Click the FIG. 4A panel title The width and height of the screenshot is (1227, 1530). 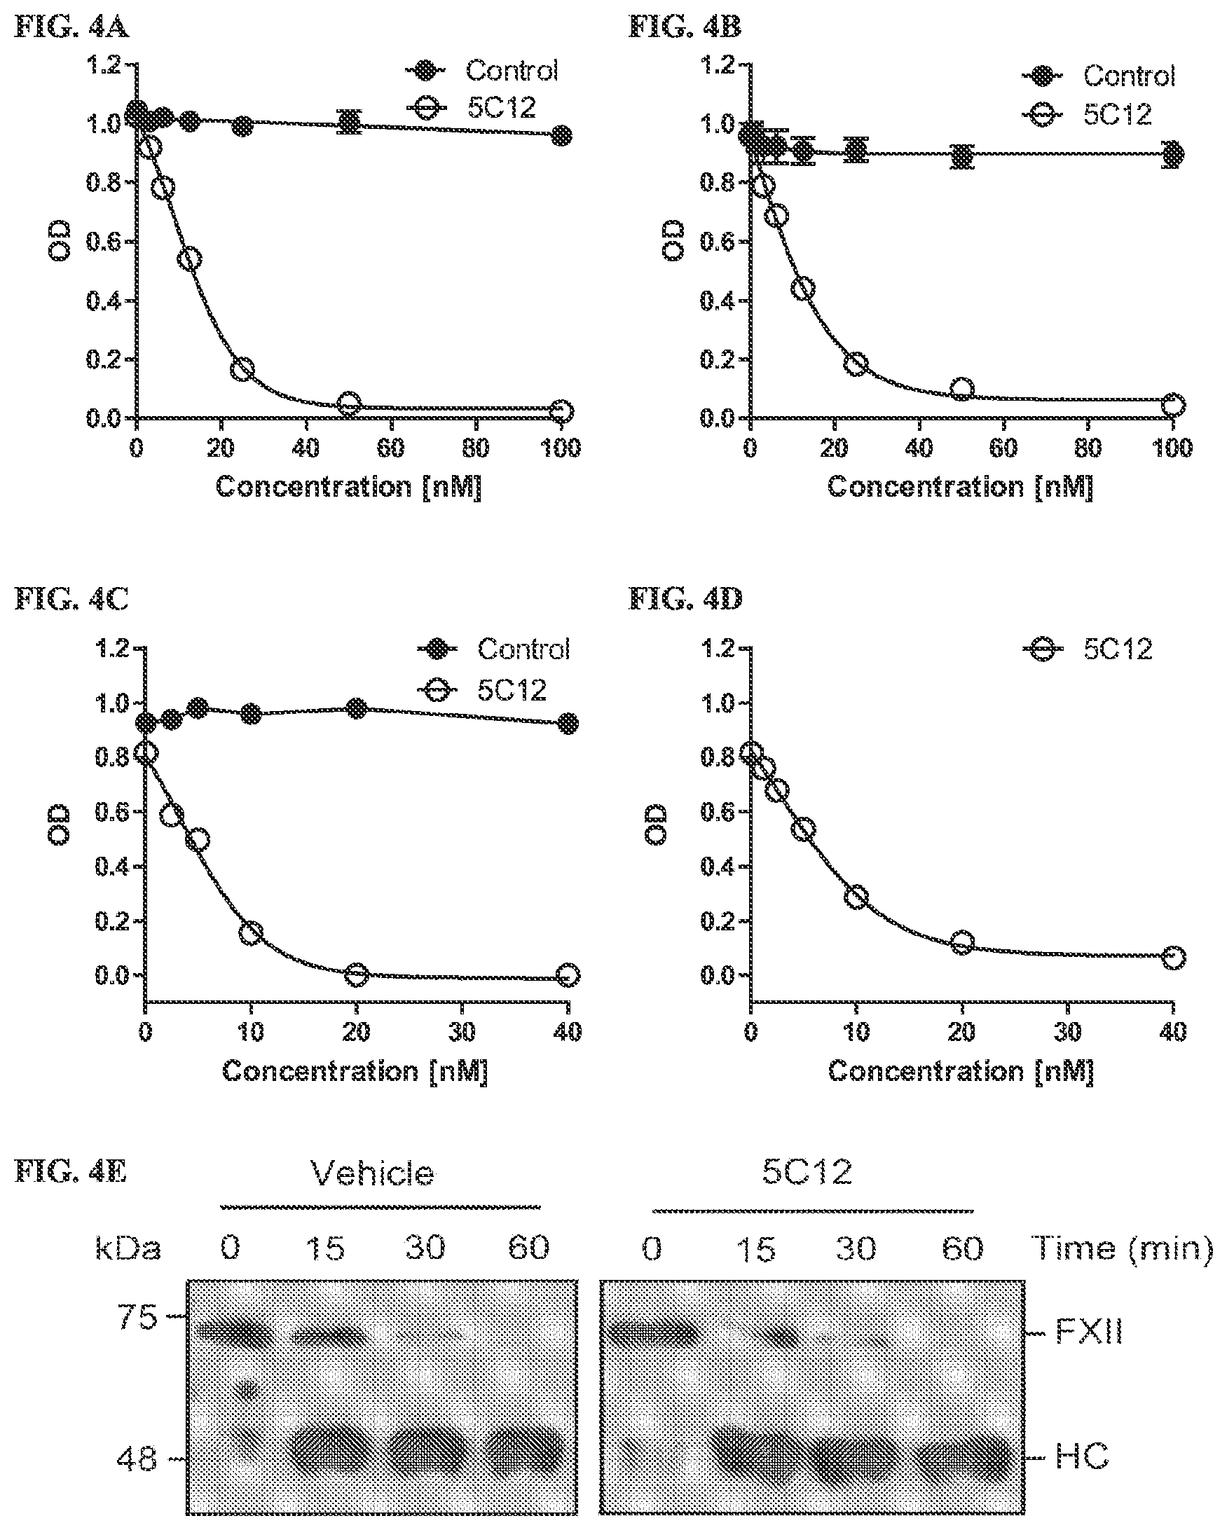click(x=71, y=28)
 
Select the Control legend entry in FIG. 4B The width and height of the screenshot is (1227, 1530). click(x=1099, y=76)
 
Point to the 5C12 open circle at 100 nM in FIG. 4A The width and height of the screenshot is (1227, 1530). click(x=561, y=412)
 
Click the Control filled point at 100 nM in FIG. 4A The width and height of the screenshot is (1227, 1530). click(x=561, y=135)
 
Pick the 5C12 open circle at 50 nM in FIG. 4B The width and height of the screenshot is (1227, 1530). click(x=961, y=389)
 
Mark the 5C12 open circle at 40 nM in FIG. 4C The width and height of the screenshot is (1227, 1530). click(x=568, y=974)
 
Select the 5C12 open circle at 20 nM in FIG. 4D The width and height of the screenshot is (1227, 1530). click(x=961, y=942)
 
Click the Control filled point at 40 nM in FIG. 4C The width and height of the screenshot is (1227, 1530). click(x=568, y=724)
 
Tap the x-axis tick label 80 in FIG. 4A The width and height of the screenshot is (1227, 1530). click(x=476, y=448)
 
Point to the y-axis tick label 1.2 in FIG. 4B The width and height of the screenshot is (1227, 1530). click(x=719, y=65)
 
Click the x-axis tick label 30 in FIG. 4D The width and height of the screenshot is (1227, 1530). click(x=1067, y=1032)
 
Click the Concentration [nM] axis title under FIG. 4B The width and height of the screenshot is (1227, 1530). click(x=960, y=488)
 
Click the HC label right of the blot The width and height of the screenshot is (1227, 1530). click(x=1082, y=1458)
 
